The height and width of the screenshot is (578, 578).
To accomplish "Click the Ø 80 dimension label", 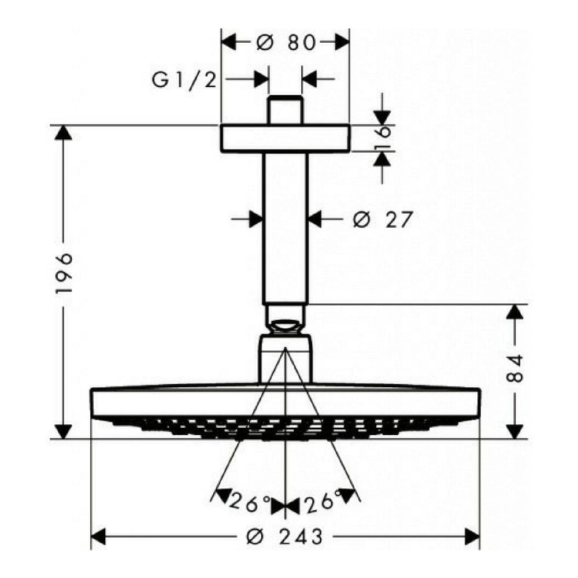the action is (x=286, y=42).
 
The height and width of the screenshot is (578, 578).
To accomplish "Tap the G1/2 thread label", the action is (x=184, y=80).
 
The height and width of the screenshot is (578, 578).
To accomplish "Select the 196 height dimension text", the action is (x=64, y=273).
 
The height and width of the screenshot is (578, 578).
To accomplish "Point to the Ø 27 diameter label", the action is (x=382, y=220).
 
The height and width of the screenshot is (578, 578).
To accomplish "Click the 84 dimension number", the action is (x=515, y=368).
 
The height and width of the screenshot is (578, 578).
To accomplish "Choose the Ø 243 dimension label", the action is (x=284, y=536).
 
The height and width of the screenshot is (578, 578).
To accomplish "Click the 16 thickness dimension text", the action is (x=383, y=138).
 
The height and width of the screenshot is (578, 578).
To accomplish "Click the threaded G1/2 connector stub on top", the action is (x=286, y=110).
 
